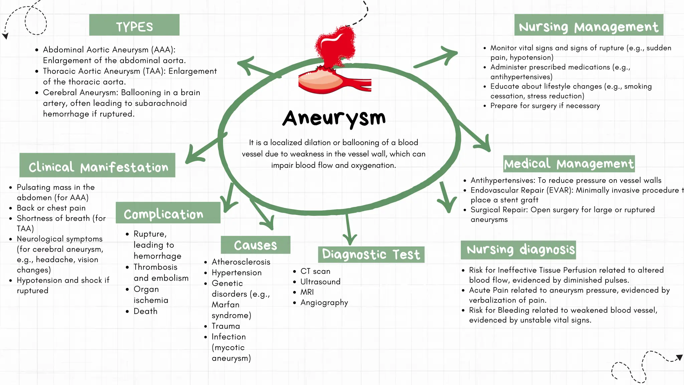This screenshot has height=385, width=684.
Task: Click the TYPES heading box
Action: (x=134, y=25)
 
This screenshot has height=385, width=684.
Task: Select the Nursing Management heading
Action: (x=588, y=25)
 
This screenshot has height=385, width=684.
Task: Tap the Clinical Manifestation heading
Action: (x=98, y=166)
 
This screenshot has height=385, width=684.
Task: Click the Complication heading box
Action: (x=168, y=213)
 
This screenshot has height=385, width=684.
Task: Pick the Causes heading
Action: (x=255, y=245)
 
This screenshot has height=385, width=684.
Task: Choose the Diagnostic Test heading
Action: (x=371, y=255)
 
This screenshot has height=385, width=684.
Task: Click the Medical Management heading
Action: (x=569, y=164)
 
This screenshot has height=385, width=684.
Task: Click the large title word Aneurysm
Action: (x=334, y=118)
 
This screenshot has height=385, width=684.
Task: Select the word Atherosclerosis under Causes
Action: (x=241, y=262)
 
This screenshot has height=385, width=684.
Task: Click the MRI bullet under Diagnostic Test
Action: (x=307, y=292)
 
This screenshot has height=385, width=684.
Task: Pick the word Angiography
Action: (x=324, y=302)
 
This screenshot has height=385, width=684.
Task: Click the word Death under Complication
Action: (x=145, y=311)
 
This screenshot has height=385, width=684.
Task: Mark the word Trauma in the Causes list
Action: (x=226, y=326)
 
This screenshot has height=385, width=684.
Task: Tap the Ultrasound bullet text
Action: (x=320, y=282)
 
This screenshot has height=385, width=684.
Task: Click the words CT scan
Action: (x=315, y=271)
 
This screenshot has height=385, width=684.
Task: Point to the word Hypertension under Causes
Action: (x=236, y=273)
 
